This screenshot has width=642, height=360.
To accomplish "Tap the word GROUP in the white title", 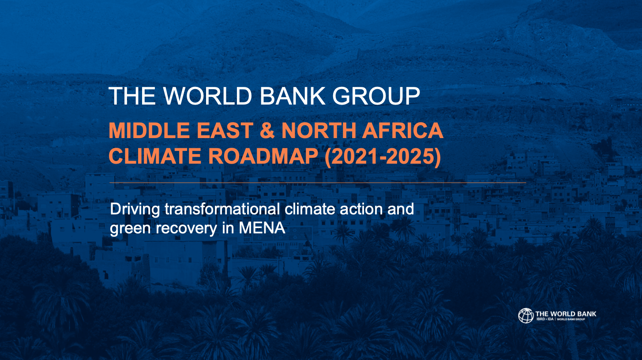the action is [x=376, y=96].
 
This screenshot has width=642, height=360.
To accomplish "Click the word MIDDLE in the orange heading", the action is [x=149, y=131].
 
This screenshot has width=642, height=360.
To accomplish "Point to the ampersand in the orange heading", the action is [x=267, y=131].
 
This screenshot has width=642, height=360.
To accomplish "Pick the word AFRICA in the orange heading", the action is [x=402, y=131].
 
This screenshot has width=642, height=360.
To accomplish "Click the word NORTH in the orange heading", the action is [x=319, y=131].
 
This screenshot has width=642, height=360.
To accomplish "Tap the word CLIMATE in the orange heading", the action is [x=155, y=156].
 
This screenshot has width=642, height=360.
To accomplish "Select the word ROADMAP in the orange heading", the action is [x=263, y=156].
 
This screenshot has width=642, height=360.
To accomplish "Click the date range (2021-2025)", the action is [x=383, y=157].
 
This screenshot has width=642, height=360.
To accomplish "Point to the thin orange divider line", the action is [x=318, y=182].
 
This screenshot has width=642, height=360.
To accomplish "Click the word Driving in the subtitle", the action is [x=135, y=210].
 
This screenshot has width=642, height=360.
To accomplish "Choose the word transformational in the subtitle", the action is [x=222, y=209].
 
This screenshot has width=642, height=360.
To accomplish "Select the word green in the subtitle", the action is [x=131, y=229].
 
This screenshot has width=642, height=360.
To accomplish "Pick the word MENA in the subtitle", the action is [x=262, y=228].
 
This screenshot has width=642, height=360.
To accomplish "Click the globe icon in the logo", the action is [x=526, y=315].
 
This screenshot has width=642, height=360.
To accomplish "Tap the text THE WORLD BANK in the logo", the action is [x=566, y=314].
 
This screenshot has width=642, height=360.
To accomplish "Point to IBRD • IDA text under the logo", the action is [x=545, y=319].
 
